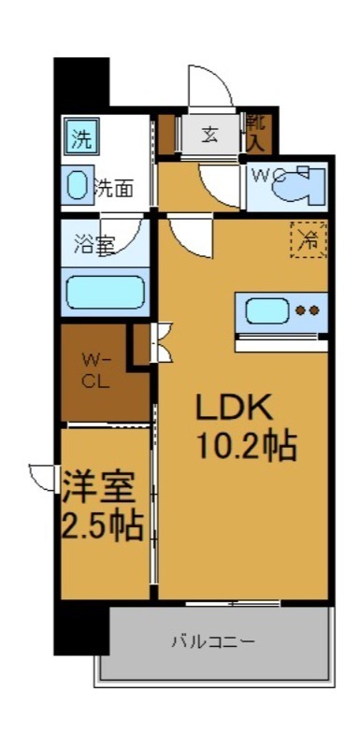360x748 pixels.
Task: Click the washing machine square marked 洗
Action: (x=82, y=141)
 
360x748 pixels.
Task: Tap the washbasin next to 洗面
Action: (x=79, y=187)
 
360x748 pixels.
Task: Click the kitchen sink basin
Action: (x=266, y=309)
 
